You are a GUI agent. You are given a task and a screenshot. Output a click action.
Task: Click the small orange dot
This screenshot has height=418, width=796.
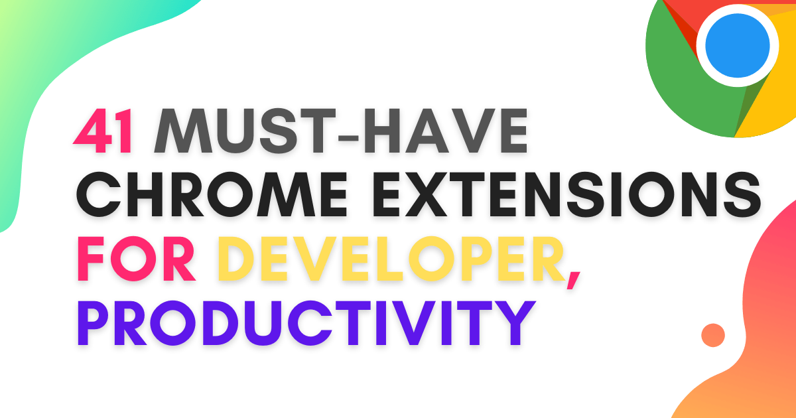pos(713,335)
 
